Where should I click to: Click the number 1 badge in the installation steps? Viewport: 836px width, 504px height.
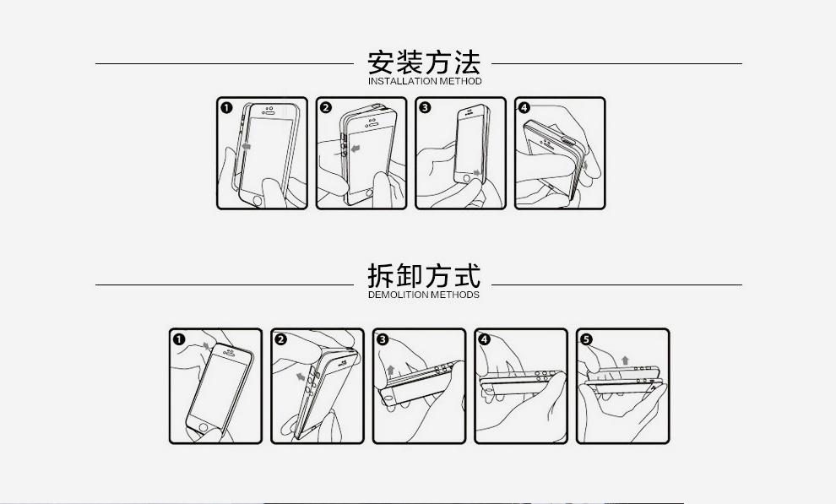coord(226,108)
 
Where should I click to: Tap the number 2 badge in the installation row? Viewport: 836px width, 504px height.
coord(326,108)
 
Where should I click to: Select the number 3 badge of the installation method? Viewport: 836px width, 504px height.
coord(425,108)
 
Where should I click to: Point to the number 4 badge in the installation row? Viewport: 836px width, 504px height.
coord(524,108)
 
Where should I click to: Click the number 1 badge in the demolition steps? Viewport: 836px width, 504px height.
coord(180,339)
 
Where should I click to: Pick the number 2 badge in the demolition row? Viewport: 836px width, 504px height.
coord(281,339)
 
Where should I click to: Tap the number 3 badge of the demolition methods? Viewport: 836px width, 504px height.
coord(383,339)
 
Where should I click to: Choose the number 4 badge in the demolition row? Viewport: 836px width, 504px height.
coord(485,339)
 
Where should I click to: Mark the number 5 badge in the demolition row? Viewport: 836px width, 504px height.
coord(587,339)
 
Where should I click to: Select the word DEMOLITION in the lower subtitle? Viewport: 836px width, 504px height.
coord(398,295)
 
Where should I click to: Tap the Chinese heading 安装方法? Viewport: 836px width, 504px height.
coord(424,62)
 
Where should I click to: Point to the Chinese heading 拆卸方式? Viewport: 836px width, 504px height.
coord(424,275)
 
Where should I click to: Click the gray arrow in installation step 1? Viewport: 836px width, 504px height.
coord(245,147)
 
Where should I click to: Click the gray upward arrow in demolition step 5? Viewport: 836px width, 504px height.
coord(625,360)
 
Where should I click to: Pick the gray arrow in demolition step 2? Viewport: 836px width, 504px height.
coord(300,377)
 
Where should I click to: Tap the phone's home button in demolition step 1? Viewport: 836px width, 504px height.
coord(201,427)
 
